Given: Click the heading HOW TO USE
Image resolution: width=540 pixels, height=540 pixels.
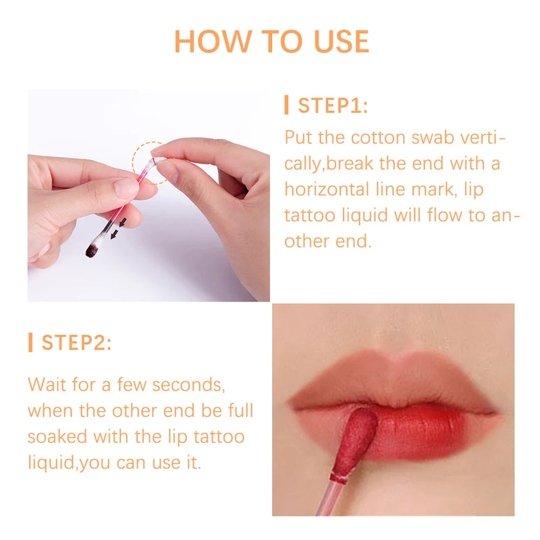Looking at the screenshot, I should click(x=271, y=41).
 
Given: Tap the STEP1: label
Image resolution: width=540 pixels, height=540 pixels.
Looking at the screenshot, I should click(x=333, y=106).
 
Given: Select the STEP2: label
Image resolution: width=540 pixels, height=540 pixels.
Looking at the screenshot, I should click(x=76, y=342).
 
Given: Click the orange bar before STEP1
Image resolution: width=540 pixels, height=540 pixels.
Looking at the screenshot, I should click(x=287, y=105).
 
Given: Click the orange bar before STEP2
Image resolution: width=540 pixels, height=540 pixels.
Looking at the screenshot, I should click(x=30, y=342).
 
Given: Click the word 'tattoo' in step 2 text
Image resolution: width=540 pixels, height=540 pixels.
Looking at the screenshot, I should click(x=217, y=436).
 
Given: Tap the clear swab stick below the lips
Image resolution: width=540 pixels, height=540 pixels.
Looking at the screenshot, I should click(x=332, y=498).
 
